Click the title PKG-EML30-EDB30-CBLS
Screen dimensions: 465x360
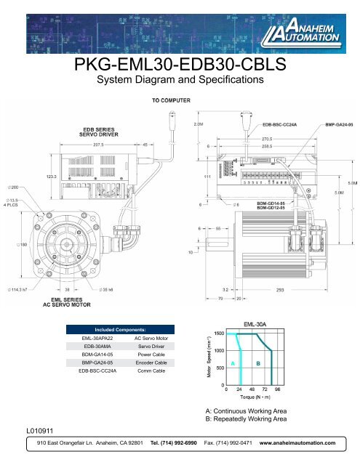pos(180,68)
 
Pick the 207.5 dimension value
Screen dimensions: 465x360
pos(100,145)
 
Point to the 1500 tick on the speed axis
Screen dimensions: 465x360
pos(217,333)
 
